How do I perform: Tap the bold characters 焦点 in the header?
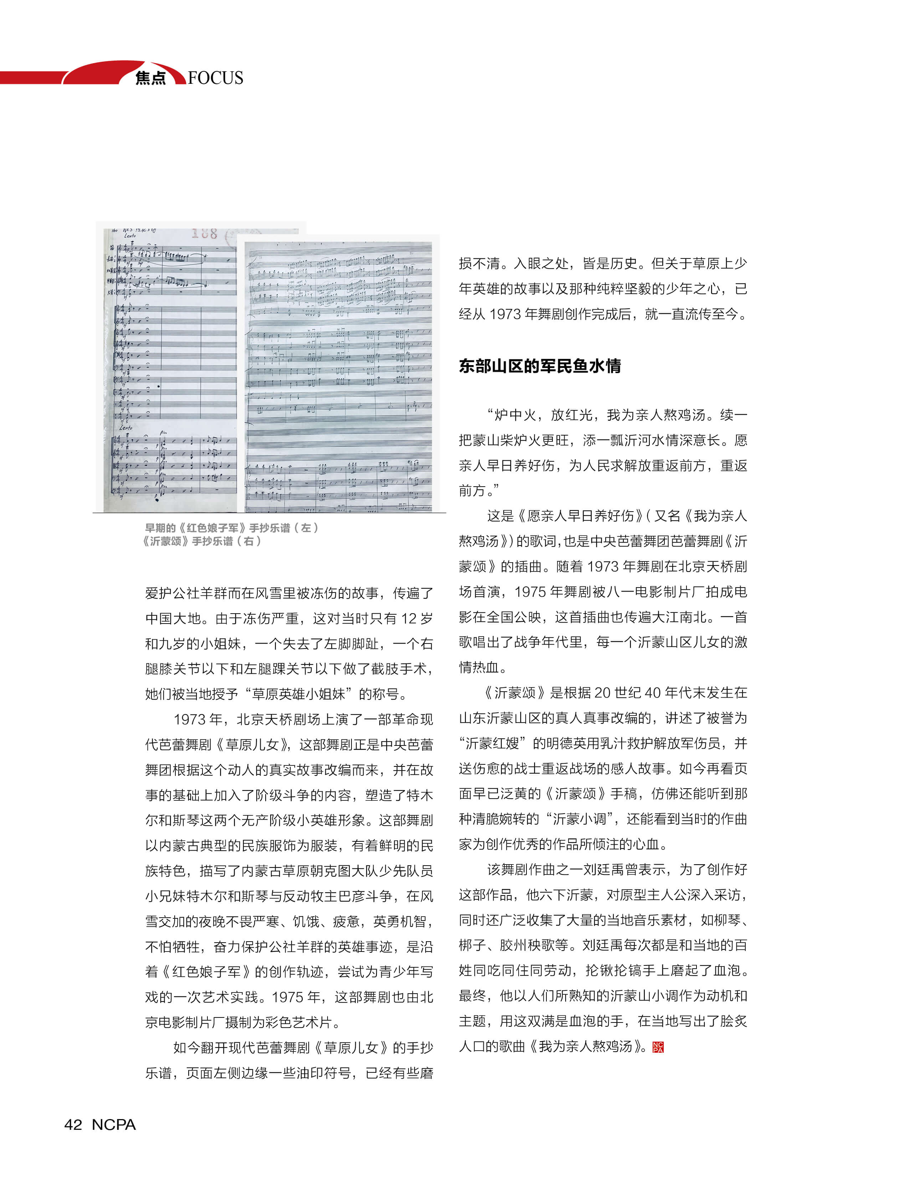pos(150,78)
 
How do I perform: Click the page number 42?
pos(73,1124)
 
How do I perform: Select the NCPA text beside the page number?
pos(114,1124)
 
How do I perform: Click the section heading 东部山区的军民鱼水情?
pos(539,366)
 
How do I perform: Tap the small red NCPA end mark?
pos(658,1046)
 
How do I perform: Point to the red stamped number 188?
pos(204,233)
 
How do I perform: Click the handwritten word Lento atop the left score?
pos(130,236)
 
